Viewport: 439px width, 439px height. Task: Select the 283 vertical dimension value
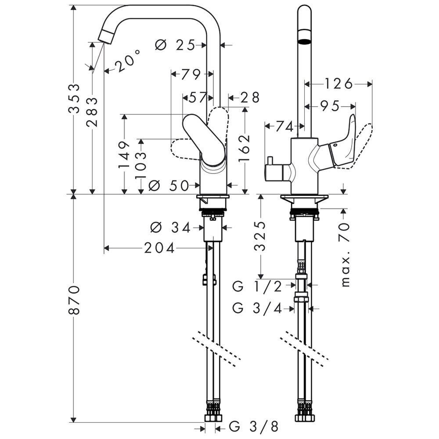point(93,112)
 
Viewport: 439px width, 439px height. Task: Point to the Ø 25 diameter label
point(176,45)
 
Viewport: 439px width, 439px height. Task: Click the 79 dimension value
point(191,74)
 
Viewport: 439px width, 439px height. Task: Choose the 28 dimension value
point(250,97)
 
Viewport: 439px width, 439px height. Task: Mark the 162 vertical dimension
point(245,149)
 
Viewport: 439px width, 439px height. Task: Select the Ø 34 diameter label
point(170,227)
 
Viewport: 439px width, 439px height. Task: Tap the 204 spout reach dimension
point(160,248)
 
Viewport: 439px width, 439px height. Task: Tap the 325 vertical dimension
point(260,236)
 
